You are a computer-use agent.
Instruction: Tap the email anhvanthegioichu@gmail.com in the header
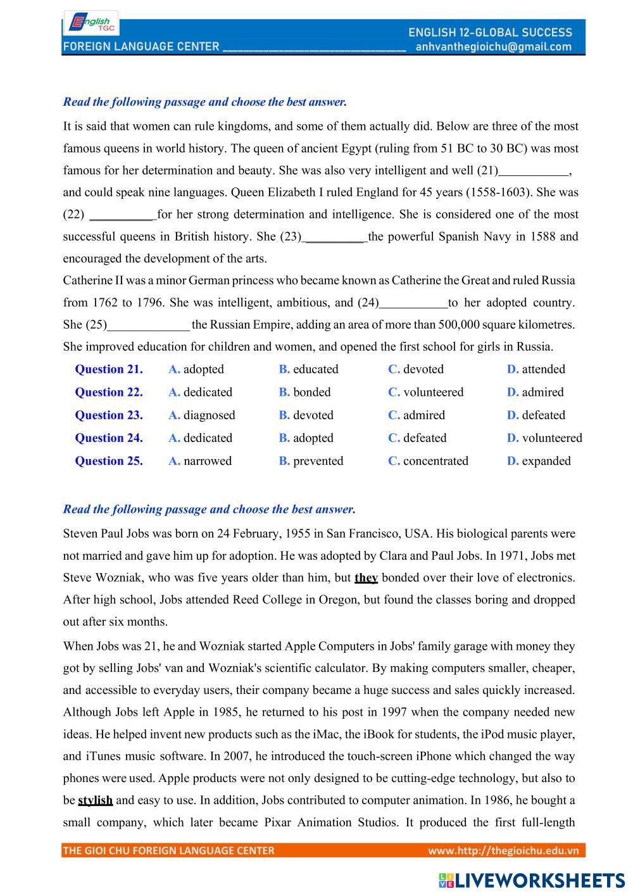point(494,47)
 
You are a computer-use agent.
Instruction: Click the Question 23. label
point(109,415)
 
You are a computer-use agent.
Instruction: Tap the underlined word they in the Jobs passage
point(366,577)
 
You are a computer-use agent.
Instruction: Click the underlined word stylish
point(95,800)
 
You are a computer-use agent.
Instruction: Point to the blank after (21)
point(534,171)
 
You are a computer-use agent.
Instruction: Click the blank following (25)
point(149,325)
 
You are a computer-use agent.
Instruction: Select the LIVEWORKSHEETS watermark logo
point(532,880)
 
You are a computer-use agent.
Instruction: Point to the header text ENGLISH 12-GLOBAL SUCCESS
point(490,32)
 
